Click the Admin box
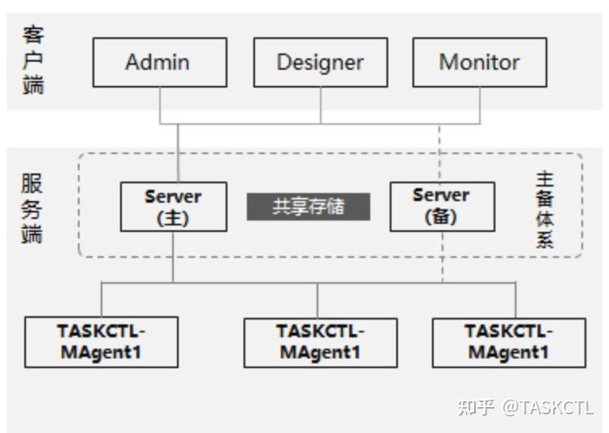click(159, 62)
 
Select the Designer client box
click(320, 62)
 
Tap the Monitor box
click(479, 62)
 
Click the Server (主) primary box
click(173, 207)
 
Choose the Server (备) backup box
click(441, 207)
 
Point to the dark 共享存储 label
click(309, 206)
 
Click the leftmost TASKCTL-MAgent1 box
click(101, 342)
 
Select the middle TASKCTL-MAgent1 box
click(320, 342)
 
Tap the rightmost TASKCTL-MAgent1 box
click(508, 342)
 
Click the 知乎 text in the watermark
click(475, 407)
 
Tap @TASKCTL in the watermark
click(547, 407)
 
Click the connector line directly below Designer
click(320, 105)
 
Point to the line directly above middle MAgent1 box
click(317, 300)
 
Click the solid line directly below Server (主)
click(174, 256)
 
